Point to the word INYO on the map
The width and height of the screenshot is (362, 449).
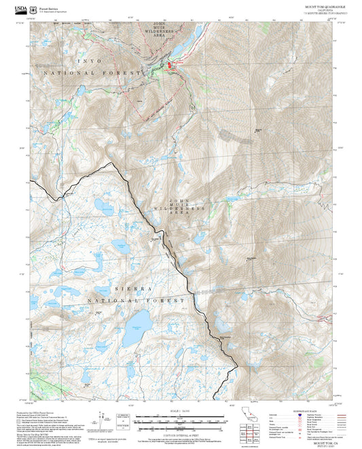pyautogui.click(x=87, y=60)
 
